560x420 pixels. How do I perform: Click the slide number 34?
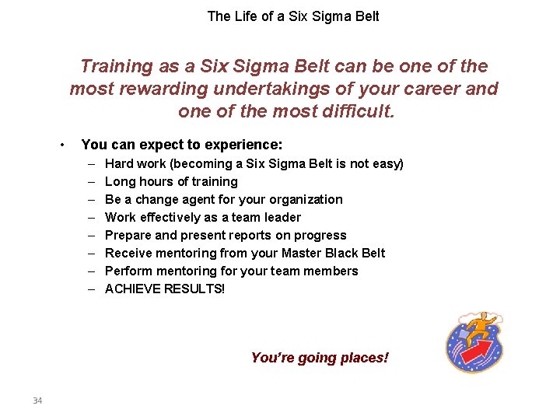point(37,401)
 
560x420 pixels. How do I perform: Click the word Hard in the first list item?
point(119,164)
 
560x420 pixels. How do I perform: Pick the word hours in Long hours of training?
point(154,182)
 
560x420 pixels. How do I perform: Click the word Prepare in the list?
point(128,236)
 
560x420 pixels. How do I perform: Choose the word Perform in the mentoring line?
point(128,271)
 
